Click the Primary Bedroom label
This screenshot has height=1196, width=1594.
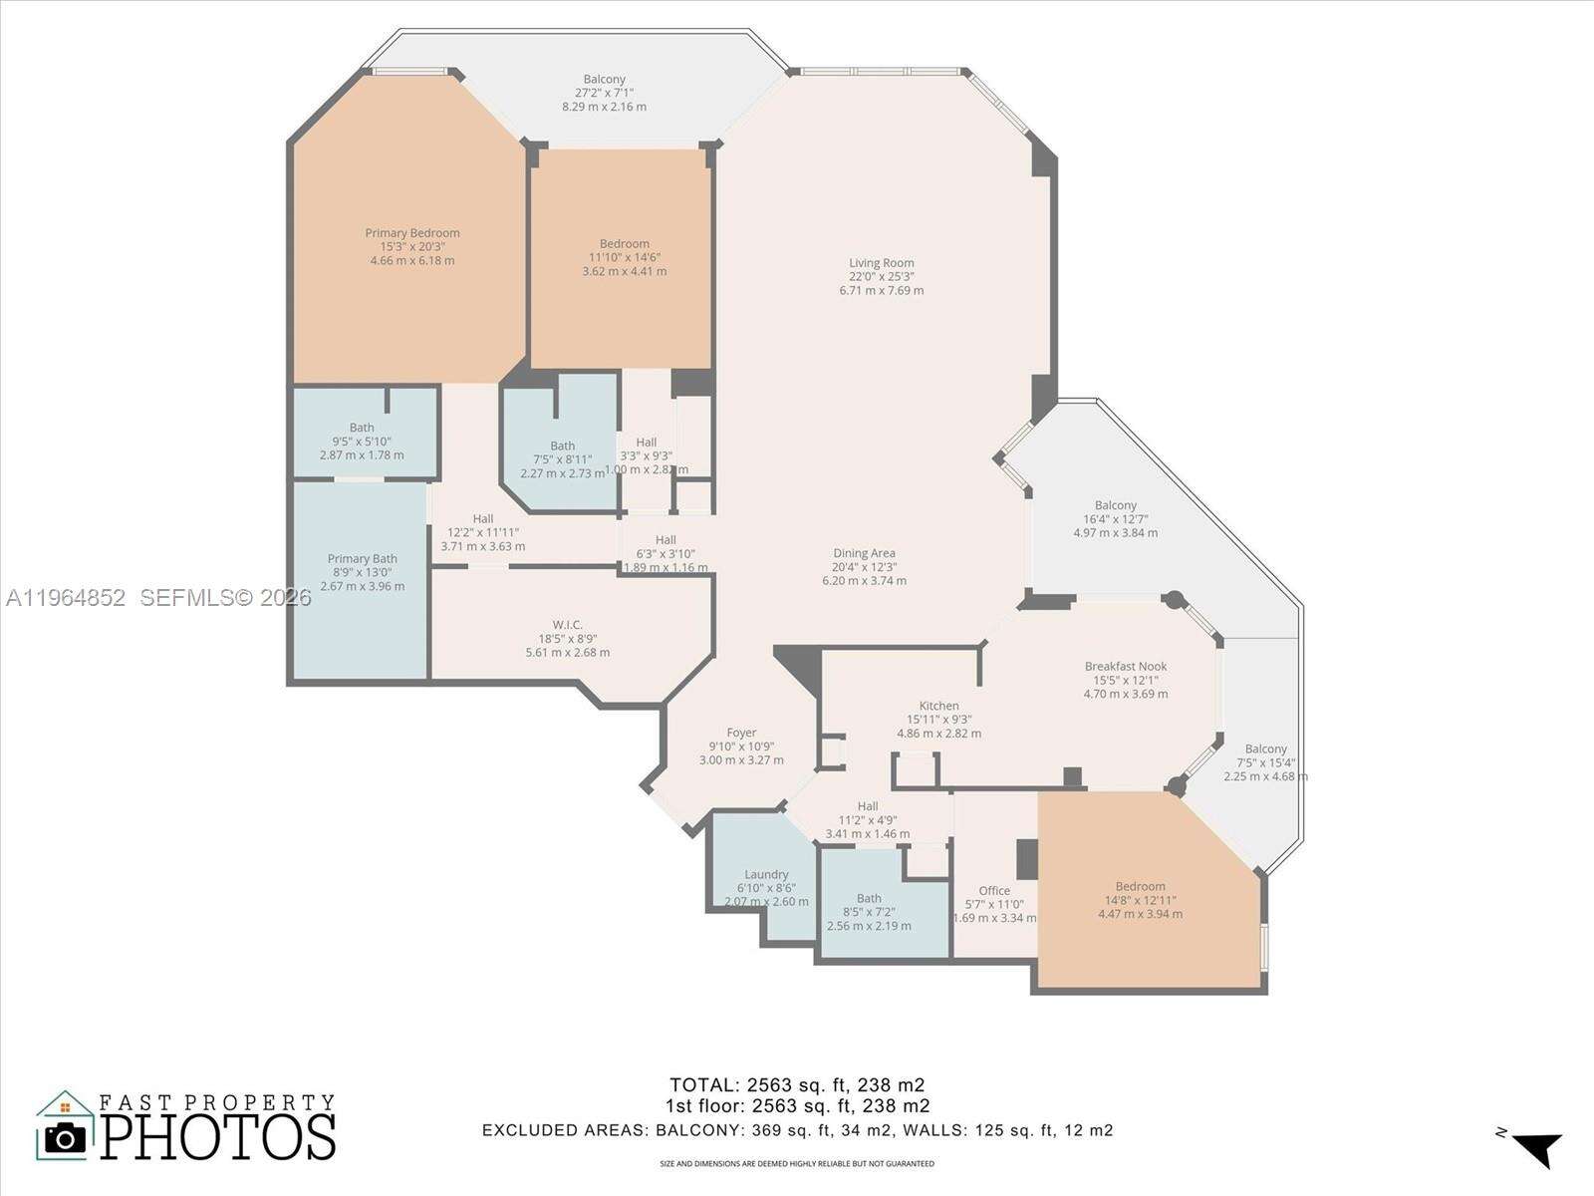412,233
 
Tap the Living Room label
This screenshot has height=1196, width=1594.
881,263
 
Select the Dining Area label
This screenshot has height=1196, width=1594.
864,553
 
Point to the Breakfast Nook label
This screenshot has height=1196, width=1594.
1126,667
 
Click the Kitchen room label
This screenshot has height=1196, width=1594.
938,706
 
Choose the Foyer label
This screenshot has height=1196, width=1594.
741,733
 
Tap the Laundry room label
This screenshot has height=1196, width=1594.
766,874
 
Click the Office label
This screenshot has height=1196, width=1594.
994,891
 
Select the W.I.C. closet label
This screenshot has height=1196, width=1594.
567,625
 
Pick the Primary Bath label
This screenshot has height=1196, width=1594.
363,559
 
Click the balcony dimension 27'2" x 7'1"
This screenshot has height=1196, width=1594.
604,93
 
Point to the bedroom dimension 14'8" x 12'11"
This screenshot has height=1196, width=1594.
1140,900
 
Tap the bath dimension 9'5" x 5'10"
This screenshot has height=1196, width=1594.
362,442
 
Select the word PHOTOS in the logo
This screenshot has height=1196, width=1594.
217,1137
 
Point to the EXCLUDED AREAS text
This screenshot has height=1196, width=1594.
565,1130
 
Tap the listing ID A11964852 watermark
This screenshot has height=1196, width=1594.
66,598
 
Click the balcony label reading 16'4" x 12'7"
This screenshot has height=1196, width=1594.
1115,518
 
